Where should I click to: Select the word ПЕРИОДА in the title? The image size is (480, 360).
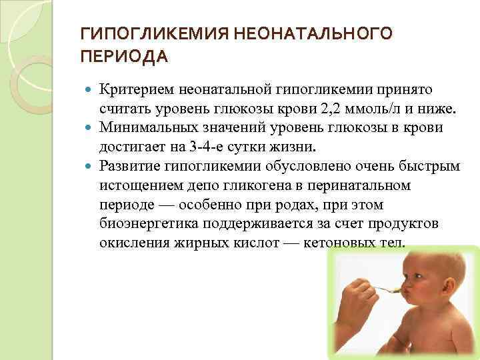click(124, 57)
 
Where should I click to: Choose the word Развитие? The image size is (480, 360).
click(127, 165)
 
